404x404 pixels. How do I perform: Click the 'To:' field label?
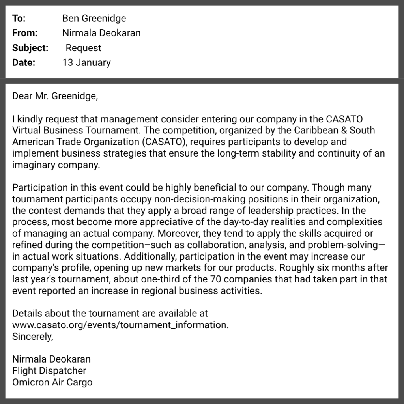click(19, 19)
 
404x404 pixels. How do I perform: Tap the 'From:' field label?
click(25, 33)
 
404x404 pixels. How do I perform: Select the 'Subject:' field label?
click(30, 48)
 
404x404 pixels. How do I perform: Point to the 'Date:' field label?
click(23, 63)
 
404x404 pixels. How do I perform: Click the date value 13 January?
click(86, 63)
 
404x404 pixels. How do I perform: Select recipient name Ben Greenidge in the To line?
click(94, 19)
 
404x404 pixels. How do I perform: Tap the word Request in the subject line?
click(83, 48)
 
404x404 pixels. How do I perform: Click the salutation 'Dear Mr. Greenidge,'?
click(54, 96)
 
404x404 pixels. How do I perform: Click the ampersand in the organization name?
click(333, 130)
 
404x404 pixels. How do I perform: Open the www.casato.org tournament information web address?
click(120, 325)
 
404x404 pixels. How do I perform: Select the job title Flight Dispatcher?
click(49, 371)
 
